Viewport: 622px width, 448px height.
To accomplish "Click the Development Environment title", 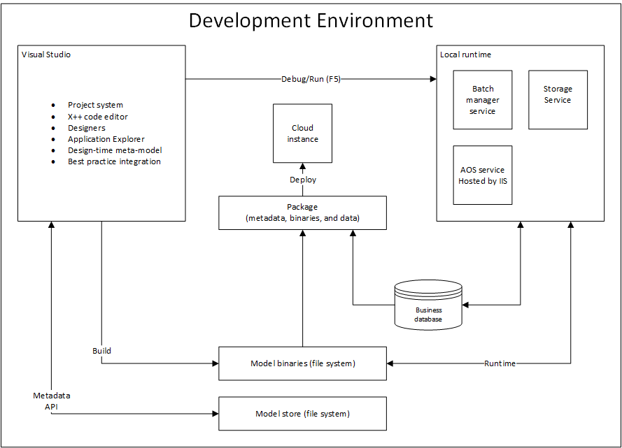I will tap(311, 20).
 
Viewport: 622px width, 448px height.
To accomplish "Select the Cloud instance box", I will tap(302, 133).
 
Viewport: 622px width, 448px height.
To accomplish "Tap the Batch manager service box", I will tap(483, 100).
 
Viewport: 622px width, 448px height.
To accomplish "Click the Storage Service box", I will tap(558, 99).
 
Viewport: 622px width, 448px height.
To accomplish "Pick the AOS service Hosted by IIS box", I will tap(482, 175).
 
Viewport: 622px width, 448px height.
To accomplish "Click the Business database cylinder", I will tap(429, 305).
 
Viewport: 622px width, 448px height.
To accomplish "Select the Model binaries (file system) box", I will tap(302, 363).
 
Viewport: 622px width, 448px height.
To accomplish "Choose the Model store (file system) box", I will tap(302, 414).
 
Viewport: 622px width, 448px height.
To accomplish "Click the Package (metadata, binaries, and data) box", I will tap(302, 212).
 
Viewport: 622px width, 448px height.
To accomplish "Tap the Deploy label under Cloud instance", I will tap(303, 180).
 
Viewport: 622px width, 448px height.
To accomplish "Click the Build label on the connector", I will tap(101, 351).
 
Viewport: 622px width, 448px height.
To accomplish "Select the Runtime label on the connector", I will tap(500, 363).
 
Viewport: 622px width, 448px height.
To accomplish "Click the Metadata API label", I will tap(52, 400).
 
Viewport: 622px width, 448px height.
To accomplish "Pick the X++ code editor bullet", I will tap(97, 117).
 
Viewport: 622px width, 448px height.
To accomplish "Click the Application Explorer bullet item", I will tap(106, 139).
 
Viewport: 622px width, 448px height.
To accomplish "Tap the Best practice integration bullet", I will tap(114, 161).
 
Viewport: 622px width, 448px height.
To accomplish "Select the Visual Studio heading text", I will tap(46, 55).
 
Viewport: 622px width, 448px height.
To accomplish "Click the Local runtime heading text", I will tap(465, 55).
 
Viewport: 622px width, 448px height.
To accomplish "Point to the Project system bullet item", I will tap(95, 105).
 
